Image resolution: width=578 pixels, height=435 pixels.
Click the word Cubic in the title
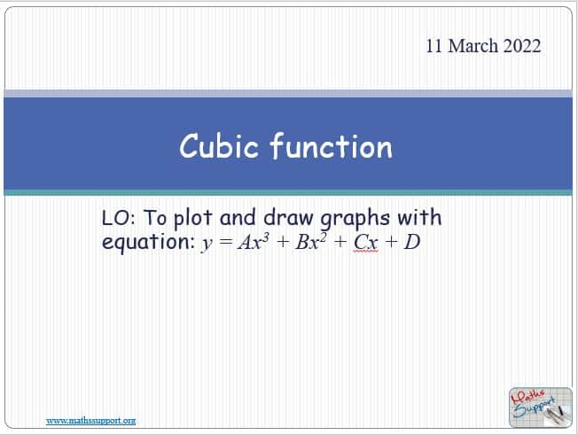click(219, 146)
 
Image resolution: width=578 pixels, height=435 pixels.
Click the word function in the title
click(332, 146)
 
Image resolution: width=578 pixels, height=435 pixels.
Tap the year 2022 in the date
click(522, 46)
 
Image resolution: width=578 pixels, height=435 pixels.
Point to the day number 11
click(433, 46)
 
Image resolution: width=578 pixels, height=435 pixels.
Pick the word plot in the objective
click(192, 219)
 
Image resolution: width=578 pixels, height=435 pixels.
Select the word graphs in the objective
click(355, 219)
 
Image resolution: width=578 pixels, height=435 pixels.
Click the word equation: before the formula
click(148, 243)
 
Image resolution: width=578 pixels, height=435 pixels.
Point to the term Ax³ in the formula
click(254, 242)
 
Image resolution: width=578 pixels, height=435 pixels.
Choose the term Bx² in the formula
click(311, 242)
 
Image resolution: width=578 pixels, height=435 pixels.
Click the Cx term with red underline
click(366, 243)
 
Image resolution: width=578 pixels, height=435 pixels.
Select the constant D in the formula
click(412, 243)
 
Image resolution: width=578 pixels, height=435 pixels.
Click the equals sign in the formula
click(225, 243)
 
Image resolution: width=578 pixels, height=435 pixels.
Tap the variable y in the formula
click(207, 245)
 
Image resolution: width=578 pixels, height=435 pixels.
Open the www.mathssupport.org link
click(90, 421)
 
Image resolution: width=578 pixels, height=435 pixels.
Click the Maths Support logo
click(541, 408)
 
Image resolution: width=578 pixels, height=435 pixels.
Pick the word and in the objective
click(238, 217)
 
